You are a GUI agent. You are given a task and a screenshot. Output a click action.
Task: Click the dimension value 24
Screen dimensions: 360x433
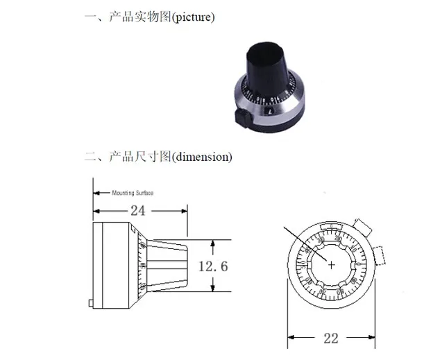click(138, 210)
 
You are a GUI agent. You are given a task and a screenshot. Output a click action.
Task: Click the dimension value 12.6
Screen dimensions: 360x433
click(213, 266)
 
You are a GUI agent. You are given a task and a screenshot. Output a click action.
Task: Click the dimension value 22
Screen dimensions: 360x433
click(330, 338)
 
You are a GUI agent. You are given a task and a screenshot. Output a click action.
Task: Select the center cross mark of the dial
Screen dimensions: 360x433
click(331, 264)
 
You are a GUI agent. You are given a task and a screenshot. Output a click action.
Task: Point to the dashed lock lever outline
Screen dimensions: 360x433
click(380, 256)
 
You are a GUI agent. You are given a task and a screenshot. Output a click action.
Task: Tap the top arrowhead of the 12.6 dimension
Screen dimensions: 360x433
click(214, 243)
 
